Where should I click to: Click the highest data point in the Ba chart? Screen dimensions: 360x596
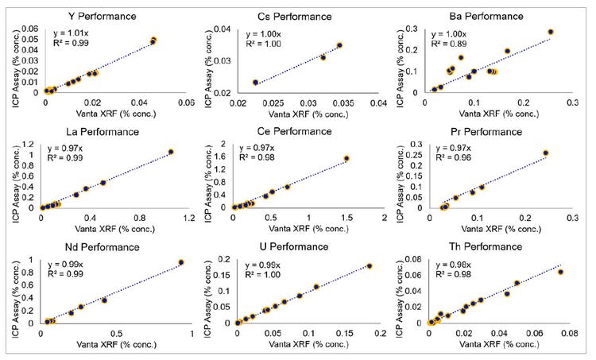pyautogui.click(x=550, y=33)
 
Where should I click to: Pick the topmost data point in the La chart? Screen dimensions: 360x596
pyautogui.click(x=171, y=152)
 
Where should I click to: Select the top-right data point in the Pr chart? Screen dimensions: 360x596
pyautogui.click(x=545, y=153)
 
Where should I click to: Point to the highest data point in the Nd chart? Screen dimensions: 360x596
pyautogui.click(x=181, y=262)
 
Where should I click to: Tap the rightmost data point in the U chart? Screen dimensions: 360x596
pyautogui.click(x=370, y=266)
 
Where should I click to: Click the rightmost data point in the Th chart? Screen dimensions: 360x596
pyautogui.click(x=560, y=273)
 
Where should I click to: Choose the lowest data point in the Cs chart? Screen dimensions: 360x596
pyautogui.click(x=255, y=83)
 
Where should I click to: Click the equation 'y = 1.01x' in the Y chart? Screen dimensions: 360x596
pyautogui.click(x=69, y=33)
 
